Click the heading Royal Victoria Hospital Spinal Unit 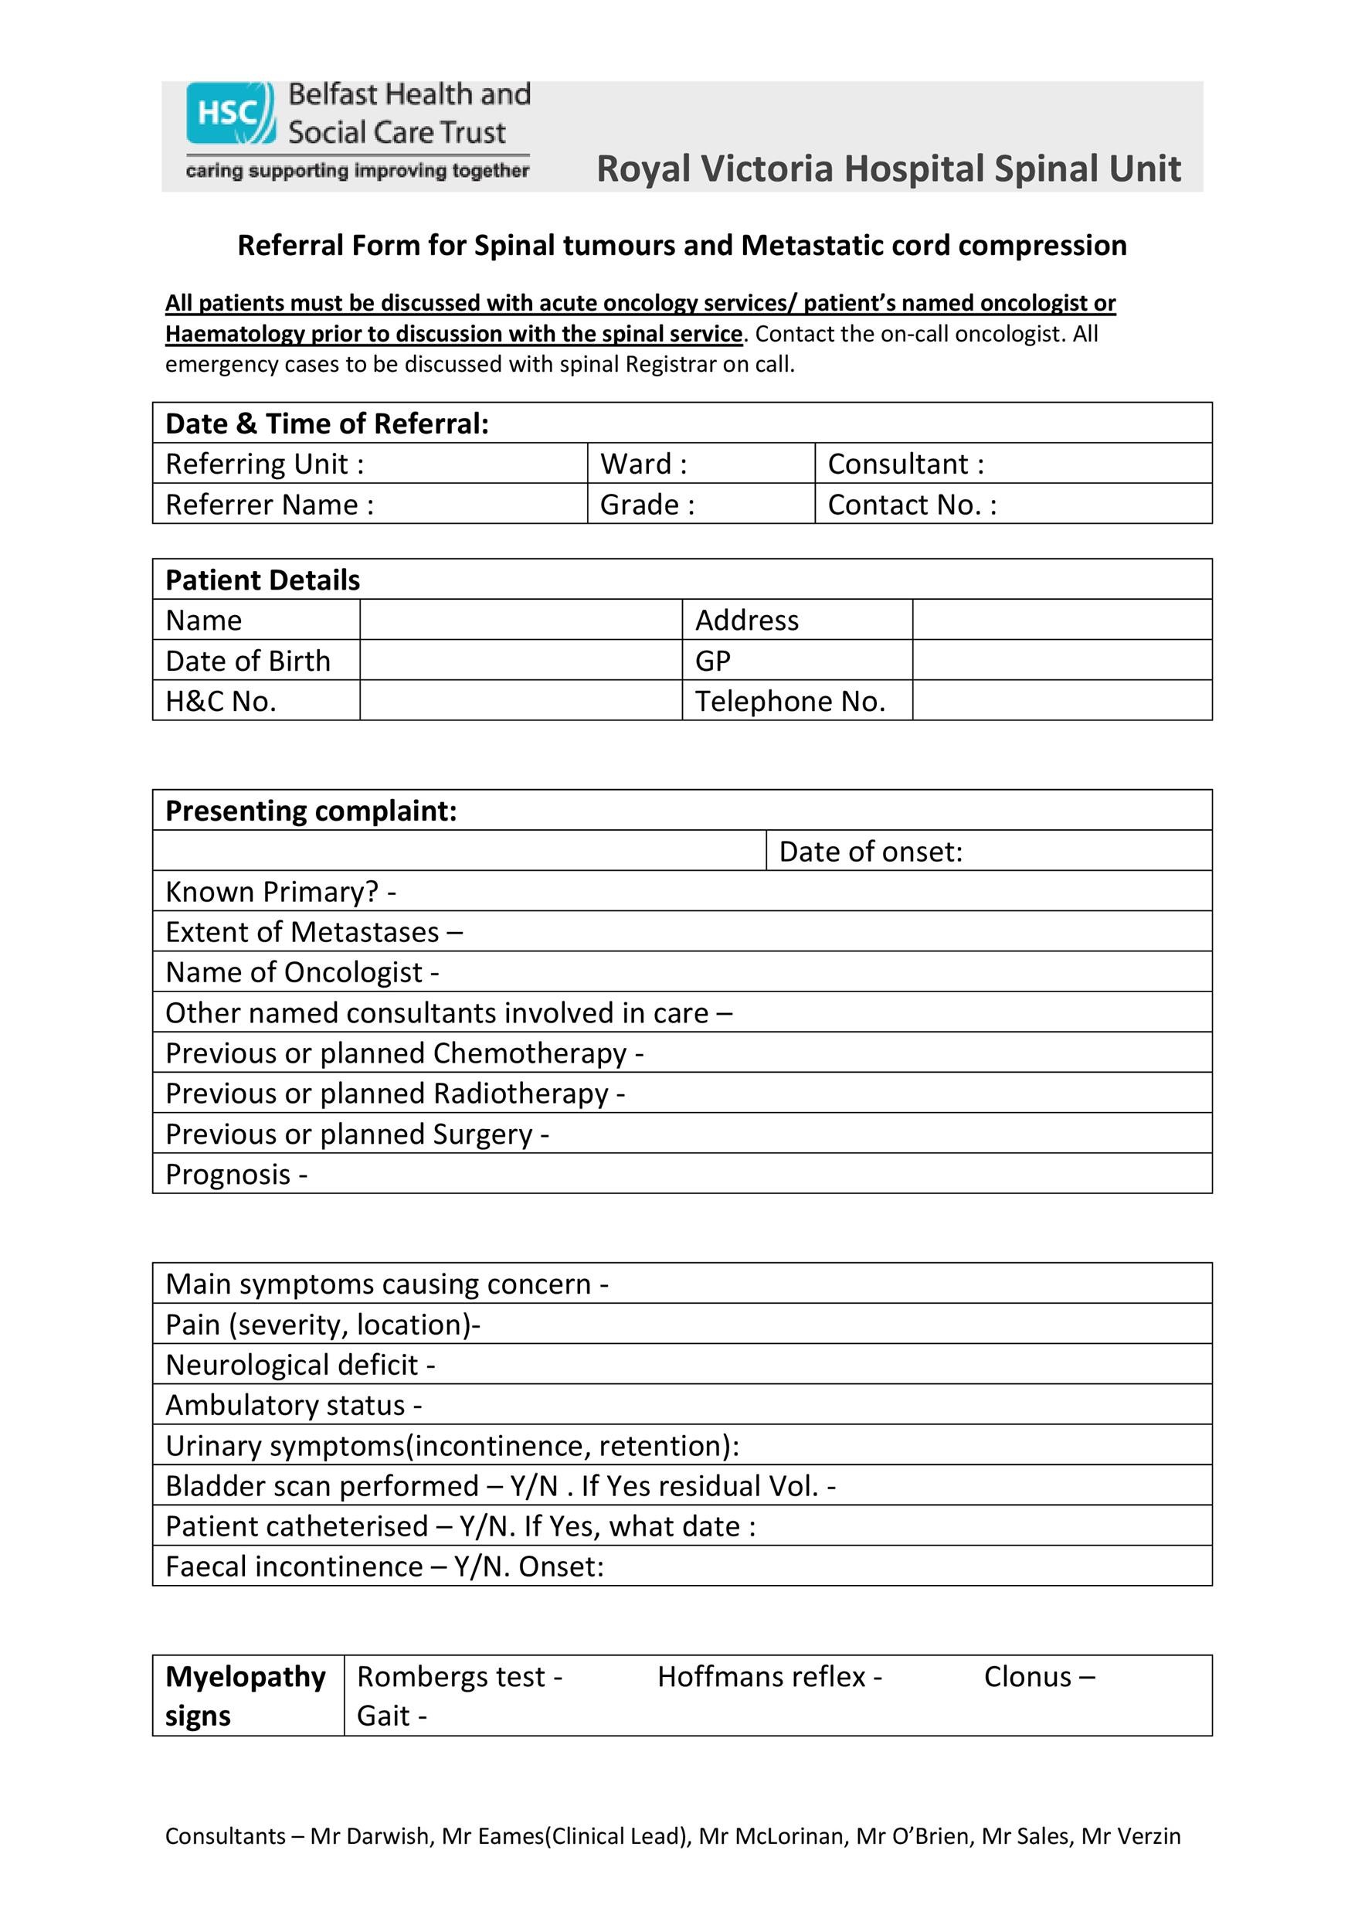(888, 168)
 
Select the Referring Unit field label (265, 464)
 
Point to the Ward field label (643, 464)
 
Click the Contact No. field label (912, 504)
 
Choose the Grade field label (647, 504)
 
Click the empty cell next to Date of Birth (520, 661)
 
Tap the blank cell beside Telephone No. (1061, 701)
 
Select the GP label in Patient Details (712, 661)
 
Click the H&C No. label (221, 701)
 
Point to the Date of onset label (871, 852)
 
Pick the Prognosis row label (236, 1175)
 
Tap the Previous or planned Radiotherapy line (395, 1094)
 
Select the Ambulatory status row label (294, 1405)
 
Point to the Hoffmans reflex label (769, 1677)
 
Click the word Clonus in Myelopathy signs (1027, 1677)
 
